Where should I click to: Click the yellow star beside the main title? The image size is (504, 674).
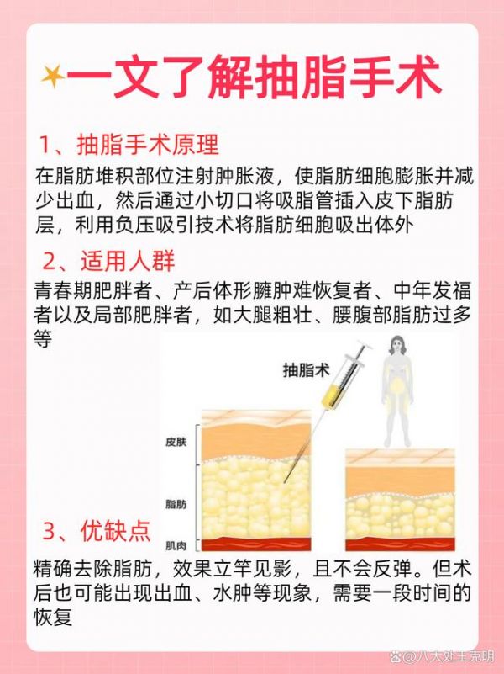pos(53,77)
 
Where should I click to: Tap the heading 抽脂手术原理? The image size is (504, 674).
pos(148,144)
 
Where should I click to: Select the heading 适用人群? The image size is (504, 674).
pos(128,261)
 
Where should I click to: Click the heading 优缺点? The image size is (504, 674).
pos(116,531)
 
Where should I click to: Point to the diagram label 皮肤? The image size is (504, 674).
pos(176,442)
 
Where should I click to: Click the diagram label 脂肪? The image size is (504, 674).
pos(176,504)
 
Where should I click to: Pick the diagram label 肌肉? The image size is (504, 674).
pos(176,545)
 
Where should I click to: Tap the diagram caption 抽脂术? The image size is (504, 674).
pos(307,369)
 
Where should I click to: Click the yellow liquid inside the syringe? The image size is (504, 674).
pos(333,393)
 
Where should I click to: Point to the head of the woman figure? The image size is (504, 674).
pos(397,346)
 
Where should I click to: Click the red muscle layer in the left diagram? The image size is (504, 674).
pos(256,544)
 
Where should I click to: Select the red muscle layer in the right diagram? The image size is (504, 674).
pos(400,544)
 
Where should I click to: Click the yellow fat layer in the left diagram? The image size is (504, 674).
pos(256,499)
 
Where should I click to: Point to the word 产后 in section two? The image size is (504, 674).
pos(192,291)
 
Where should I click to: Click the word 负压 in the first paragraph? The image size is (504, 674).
pos(134,225)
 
